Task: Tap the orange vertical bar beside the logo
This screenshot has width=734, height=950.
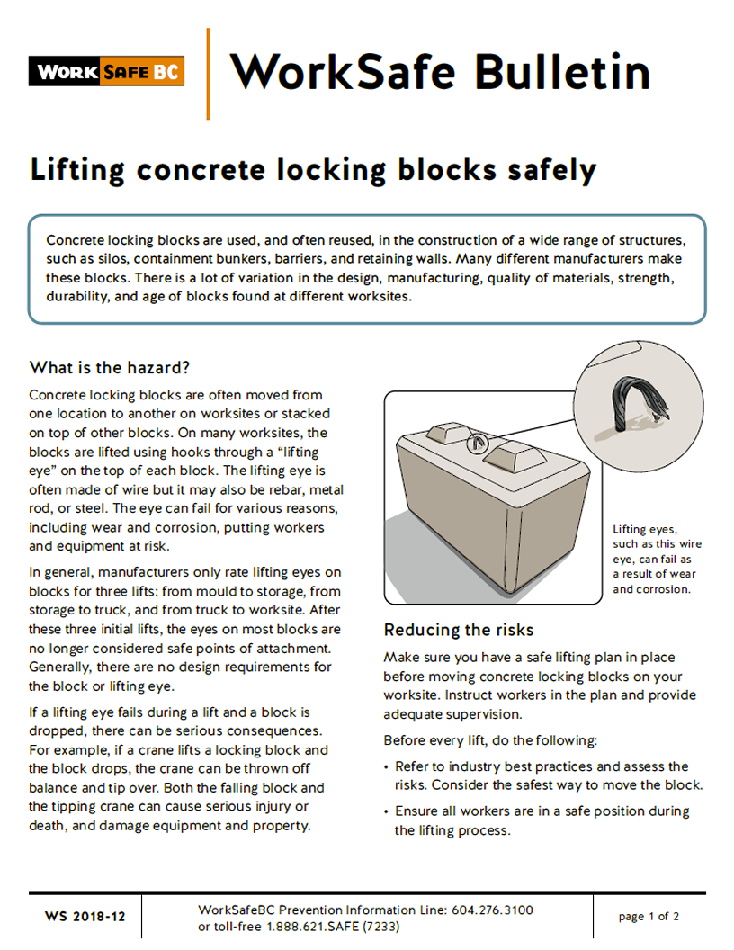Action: [x=209, y=74]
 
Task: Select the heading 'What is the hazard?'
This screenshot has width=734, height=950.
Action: [x=110, y=367]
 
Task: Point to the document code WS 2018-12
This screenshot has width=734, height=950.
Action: [x=85, y=917]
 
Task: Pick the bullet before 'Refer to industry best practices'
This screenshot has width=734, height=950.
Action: [x=398, y=767]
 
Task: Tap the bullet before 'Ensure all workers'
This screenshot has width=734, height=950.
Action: [x=398, y=811]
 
